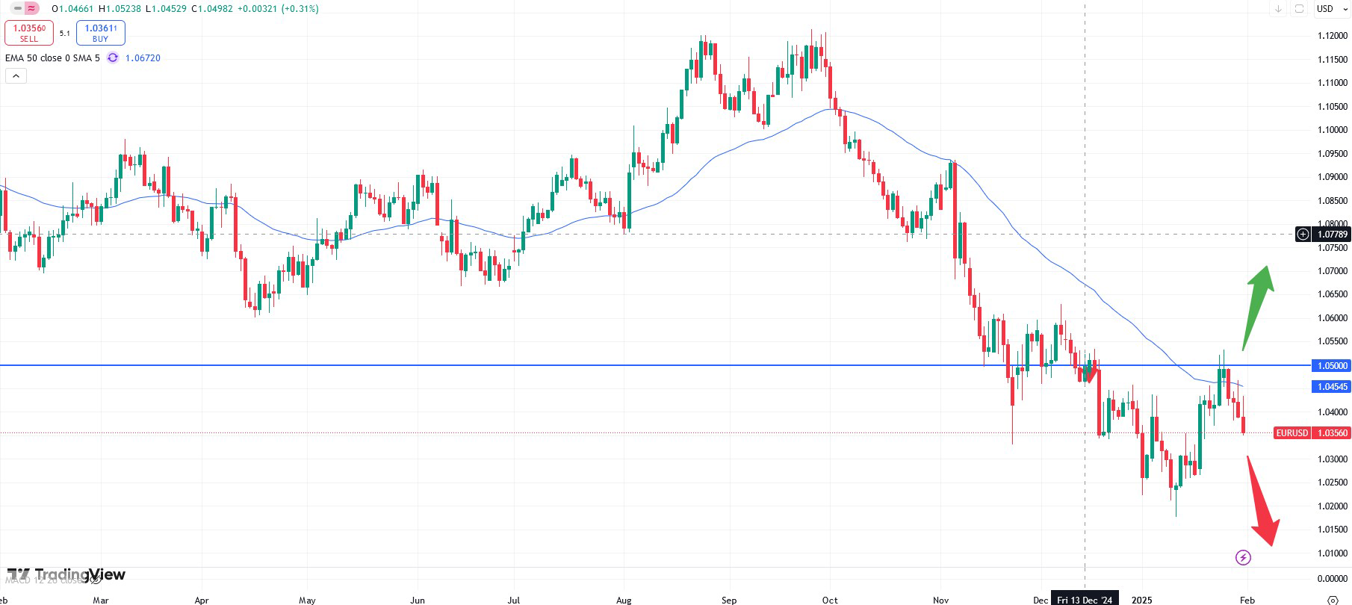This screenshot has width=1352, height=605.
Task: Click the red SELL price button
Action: pyautogui.click(x=29, y=33)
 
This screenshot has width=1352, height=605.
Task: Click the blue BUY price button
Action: pyautogui.click(x=100, y=33)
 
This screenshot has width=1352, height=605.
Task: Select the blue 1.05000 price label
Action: pyautogui.click(x=1331, y=366)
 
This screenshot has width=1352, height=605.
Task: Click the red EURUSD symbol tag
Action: pyautogui.click(x=1291, y=433)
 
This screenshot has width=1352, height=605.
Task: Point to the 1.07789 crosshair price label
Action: pyautogui.click(x=1331, y=235)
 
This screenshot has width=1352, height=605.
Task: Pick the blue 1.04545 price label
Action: pyautogui.click(x=1331, y=387)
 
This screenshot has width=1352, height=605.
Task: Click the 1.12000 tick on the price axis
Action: pyautogui.click(x=1332, y=36)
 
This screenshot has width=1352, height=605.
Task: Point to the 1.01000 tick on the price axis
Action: pyautogui.click(x=1332, y=553)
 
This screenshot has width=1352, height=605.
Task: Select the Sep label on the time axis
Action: pyautogui.click(x=728, y=600)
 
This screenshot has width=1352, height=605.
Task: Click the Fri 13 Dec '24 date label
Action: pyautogui.click(x=1084, y=600)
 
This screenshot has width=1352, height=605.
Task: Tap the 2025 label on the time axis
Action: pyautogui.click(x=1141, y=600)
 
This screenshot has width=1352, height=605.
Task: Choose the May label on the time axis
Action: pyautogui.click(x=307, y=600)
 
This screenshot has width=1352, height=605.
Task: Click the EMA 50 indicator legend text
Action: pyautogui.click(x=52, y=58)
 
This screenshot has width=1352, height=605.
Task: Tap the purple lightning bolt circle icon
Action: pyautogui.click(x=1243, y=557)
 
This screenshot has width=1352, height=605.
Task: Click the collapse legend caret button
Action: pyautogui.click(x=16, y=76)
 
